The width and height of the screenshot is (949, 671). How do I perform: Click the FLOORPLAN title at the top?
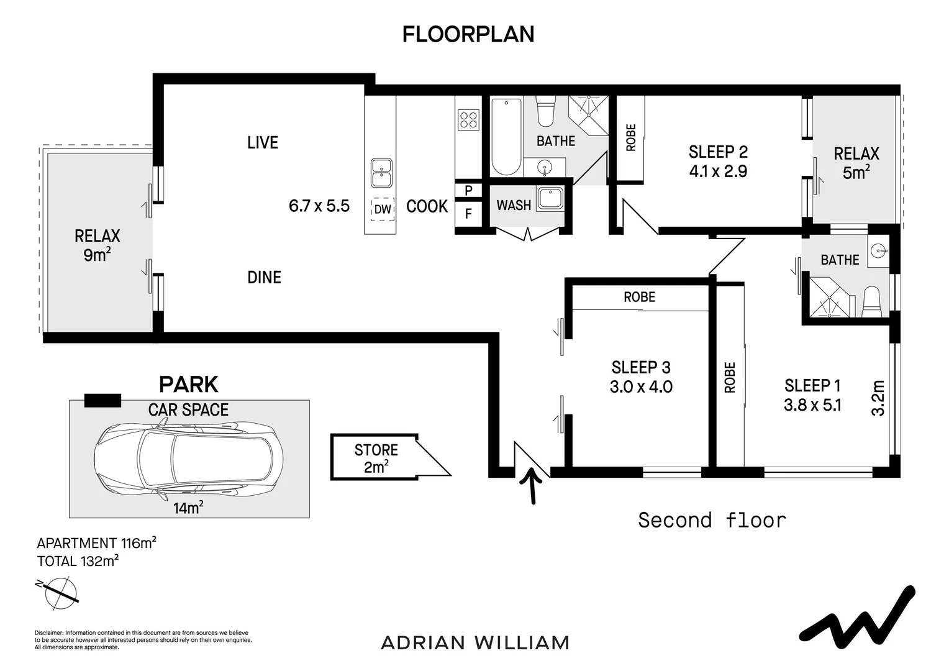point(468,34)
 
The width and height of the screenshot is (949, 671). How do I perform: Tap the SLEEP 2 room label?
point(718,152)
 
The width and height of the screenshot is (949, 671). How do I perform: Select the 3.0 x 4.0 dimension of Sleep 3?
point(641,386)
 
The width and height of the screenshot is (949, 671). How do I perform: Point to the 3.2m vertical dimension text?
point(878,398)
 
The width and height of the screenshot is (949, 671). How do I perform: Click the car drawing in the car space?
point(189,459)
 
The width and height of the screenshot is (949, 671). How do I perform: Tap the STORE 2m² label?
point(376,459)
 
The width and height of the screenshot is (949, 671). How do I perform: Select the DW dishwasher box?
point(383,209)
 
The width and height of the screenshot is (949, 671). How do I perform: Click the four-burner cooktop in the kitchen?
point(468,119)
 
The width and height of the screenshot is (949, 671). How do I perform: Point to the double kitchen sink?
point(381,173)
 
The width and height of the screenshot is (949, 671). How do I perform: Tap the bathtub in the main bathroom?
point(506,137)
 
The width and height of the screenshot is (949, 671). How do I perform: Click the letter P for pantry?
point(468,190)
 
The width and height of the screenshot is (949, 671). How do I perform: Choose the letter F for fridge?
point(468,213)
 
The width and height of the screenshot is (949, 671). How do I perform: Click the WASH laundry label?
point(514,206)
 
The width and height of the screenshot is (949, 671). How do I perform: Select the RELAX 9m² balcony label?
point(97,245)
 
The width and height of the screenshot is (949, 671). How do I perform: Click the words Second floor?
point(712,520)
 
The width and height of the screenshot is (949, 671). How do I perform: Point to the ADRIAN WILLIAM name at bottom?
point(475,642)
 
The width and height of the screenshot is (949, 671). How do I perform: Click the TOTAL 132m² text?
point(78,561)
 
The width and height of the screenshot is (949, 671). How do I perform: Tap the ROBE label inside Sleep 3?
point(639,297)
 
